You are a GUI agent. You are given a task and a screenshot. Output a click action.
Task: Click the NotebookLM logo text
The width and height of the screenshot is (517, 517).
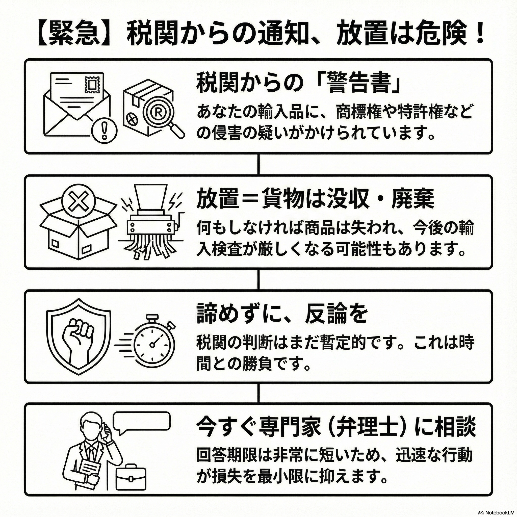499,512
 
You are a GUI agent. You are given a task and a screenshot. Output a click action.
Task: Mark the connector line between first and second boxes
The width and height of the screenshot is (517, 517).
258,164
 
